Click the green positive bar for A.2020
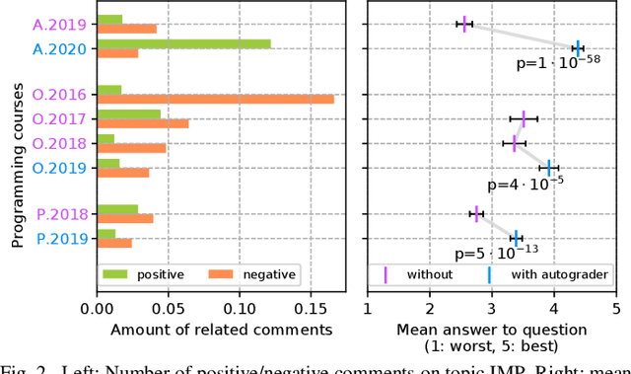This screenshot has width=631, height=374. (183, 43)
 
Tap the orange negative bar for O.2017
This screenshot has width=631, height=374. (143, 123)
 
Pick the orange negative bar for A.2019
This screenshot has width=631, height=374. (126, 29)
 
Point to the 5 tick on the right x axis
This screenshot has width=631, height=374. (616, 307)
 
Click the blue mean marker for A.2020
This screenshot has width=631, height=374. (578, 47)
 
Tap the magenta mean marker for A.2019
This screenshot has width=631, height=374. (464, 24)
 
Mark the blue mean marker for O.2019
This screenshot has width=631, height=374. (549, 167)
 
